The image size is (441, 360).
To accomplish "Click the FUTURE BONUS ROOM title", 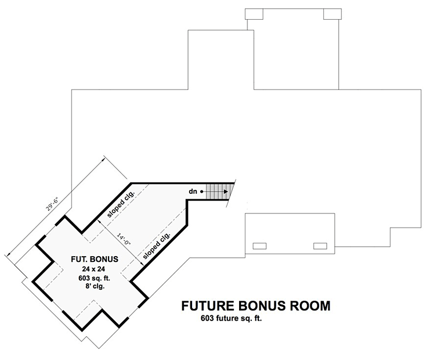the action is (256, 306).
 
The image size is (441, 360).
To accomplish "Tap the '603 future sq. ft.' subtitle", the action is (231, 319).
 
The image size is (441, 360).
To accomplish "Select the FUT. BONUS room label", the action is (95, 259).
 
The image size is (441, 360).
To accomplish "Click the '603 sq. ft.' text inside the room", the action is (94, 278).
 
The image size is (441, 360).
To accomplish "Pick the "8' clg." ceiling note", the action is (93, 287).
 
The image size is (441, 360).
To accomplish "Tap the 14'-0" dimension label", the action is (124, 239).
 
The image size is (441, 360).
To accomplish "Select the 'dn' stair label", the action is (193, 192).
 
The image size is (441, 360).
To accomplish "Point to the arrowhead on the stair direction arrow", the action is (226, 192).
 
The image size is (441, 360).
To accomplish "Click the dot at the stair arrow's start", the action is (202, 192).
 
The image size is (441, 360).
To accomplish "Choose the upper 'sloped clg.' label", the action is (121, 204).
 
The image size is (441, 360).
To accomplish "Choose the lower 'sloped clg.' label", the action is (157, 246).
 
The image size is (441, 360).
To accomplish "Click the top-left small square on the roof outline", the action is (254, 14).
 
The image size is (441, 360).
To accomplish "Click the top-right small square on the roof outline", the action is (332, 14).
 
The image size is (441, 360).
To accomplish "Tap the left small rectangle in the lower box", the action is (259, 246).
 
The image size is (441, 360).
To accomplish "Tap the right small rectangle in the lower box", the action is (320, 246).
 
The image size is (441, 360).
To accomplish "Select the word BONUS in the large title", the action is (262, 306).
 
